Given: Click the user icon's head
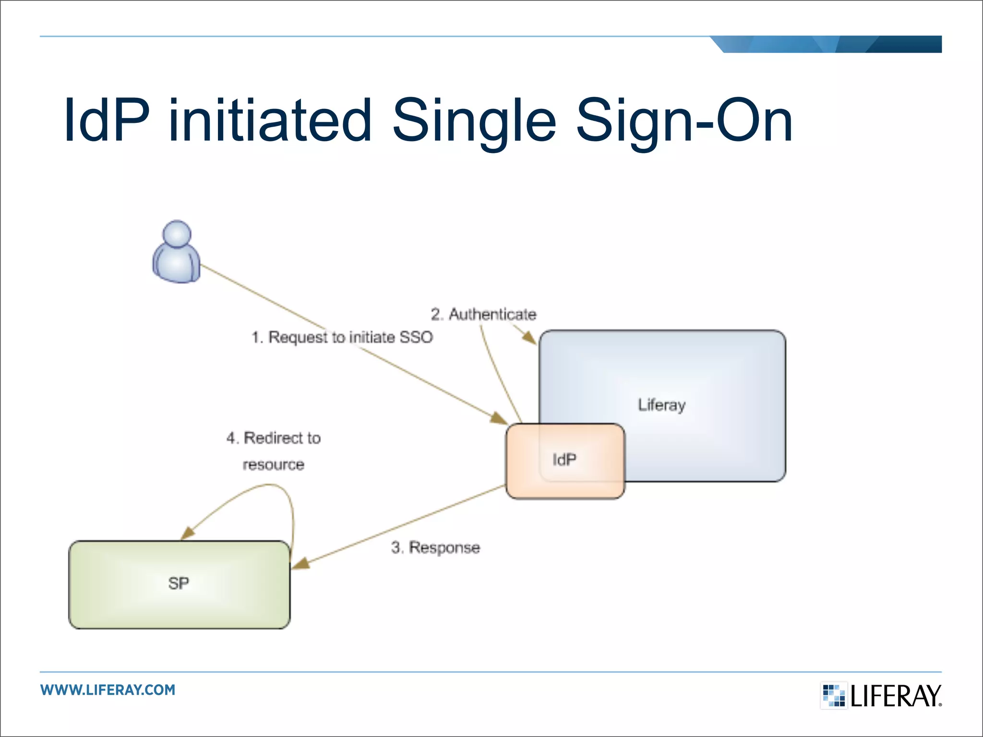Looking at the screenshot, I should (x=177, y=234).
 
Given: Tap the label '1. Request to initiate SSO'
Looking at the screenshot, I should (x=342, y=337).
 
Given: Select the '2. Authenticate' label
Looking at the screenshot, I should (x=483, y=314).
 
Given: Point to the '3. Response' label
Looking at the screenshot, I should (x=435, y=547).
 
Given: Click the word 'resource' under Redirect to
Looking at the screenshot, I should (x=273, y=464).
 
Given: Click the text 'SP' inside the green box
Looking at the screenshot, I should (x=179, y=583).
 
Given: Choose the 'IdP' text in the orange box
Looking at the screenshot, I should (x=564, y=460).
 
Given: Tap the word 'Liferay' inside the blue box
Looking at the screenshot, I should (x=661, y=405).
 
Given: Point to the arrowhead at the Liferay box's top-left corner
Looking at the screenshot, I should (x=529, y=338).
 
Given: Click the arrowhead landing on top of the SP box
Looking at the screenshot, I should (x=188, y=533).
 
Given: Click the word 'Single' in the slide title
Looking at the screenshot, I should (x=474, y=121).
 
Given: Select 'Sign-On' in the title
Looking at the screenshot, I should (x=683, y=121).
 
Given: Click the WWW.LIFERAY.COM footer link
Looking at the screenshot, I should (x=108, y=690).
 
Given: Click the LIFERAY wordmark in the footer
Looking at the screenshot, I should (x=896, y=696).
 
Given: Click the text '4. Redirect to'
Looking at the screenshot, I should (x=273, y=438).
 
